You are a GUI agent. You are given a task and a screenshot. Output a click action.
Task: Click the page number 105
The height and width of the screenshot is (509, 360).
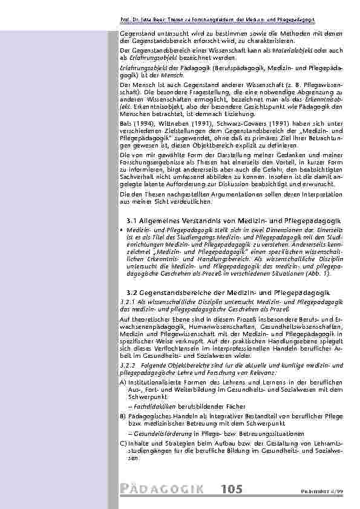232,489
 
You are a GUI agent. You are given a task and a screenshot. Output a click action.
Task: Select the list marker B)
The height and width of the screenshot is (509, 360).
123,417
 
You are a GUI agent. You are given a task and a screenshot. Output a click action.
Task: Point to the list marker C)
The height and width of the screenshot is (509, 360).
123,443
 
